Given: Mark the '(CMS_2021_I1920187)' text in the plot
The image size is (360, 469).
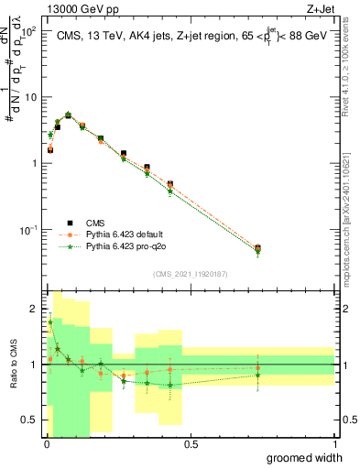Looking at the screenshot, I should [191, 273].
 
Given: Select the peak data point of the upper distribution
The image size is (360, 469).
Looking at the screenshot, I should [68, 115].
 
